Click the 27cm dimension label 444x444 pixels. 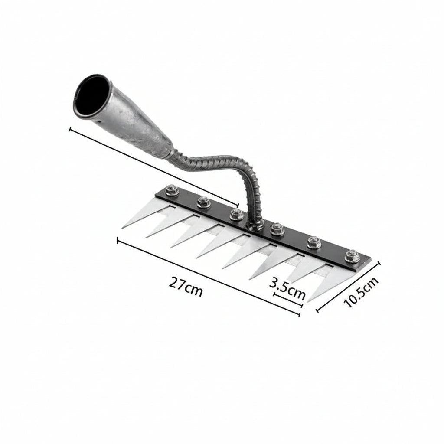coord(186,287)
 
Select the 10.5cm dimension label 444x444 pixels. coord(361,292)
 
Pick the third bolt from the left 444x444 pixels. coord(235,214)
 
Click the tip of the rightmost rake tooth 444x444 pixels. coord(309,301)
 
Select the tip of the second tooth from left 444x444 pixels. coord(147,237)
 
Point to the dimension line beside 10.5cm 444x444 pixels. coord(349,286)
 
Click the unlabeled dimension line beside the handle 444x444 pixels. coord(154,167)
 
